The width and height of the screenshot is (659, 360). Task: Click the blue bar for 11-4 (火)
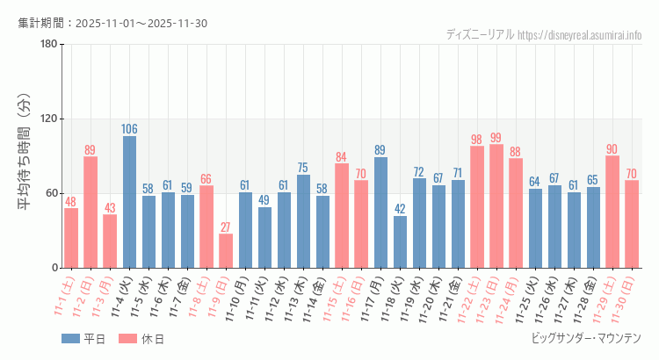129,202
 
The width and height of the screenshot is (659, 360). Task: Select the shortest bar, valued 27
226,251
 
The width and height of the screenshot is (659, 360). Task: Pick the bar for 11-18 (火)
400,241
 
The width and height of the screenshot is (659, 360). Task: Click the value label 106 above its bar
129,129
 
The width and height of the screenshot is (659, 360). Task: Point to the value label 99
496,138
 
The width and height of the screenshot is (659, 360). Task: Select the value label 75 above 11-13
303,168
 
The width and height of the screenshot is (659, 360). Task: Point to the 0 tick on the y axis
54,268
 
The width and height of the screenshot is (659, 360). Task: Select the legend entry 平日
83,339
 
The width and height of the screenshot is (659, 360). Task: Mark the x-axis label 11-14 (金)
318,297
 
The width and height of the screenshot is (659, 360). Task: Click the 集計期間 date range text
112,23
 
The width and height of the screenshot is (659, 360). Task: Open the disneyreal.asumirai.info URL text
580,35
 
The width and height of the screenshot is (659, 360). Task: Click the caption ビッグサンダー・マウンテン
586,338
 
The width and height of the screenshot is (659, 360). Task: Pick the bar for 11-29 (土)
612,212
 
